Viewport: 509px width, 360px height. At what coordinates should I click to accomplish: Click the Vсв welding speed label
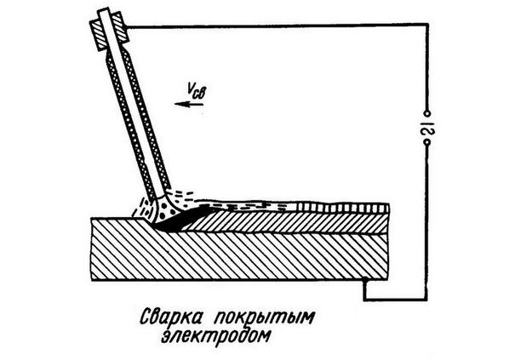click(197, 90)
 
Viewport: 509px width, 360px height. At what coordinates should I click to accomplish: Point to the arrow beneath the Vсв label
click(189, 104)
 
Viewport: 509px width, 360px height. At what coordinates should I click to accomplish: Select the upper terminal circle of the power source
click(427, 113)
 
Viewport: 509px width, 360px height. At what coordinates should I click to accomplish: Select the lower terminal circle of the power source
click(427, 143)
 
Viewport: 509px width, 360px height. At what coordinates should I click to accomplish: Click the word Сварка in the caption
click(174, 317)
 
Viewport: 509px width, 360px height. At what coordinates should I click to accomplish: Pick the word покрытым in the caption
click(264, 317)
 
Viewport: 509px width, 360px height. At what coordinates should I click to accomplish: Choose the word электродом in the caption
click(215, 336)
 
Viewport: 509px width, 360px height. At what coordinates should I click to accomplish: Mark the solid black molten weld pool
click(182, 220)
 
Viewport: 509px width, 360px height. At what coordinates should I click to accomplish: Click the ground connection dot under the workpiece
click(365, 279)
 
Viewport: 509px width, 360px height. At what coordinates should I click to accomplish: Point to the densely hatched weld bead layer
click(286, 222)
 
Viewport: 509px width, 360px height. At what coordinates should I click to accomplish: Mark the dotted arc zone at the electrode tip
click(166, 208)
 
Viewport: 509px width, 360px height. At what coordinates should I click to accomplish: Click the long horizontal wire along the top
click(277, 26)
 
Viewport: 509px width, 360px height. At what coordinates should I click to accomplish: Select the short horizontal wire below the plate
click(396, 300)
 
